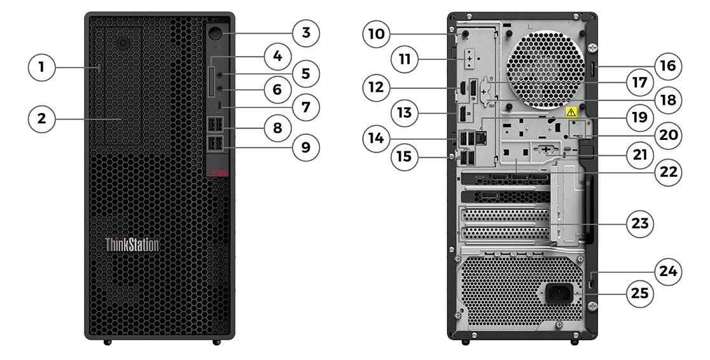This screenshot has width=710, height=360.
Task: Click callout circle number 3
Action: point(306,32)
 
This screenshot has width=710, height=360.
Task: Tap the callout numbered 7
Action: point(306,107)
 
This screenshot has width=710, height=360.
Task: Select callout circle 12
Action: point(376,87)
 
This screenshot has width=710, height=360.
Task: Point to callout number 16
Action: point(668,66)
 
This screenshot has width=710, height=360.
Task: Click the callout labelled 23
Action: point(640,223)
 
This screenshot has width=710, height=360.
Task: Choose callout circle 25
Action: point(640,293)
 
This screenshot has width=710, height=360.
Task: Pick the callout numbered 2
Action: point(41,119)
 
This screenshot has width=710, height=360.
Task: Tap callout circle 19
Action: point(640,117)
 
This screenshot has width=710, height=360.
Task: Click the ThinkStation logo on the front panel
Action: point(132,244)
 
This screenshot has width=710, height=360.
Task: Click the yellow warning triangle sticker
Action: point(571,112)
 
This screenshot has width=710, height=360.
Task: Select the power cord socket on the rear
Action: point(559,293)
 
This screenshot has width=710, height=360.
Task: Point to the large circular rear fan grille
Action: point(546,70)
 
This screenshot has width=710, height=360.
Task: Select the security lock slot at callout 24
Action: point(593,283)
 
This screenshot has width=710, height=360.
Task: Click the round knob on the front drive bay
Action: point(123,43)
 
